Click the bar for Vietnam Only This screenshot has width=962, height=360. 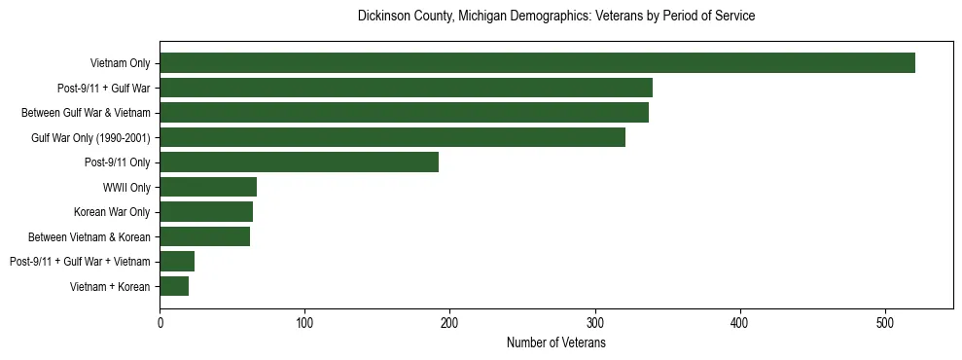(x=537, y=63)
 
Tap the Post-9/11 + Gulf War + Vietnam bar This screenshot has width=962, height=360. (x=177, y=261)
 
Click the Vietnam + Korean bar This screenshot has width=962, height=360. (x=174, y=286)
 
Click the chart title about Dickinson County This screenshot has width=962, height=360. (x=556, y=17)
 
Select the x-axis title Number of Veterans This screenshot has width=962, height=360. (x=556, y=342)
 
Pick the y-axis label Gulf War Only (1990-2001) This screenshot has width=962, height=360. (x=90, y=138)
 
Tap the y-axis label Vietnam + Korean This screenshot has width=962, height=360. (x=110, y=287)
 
